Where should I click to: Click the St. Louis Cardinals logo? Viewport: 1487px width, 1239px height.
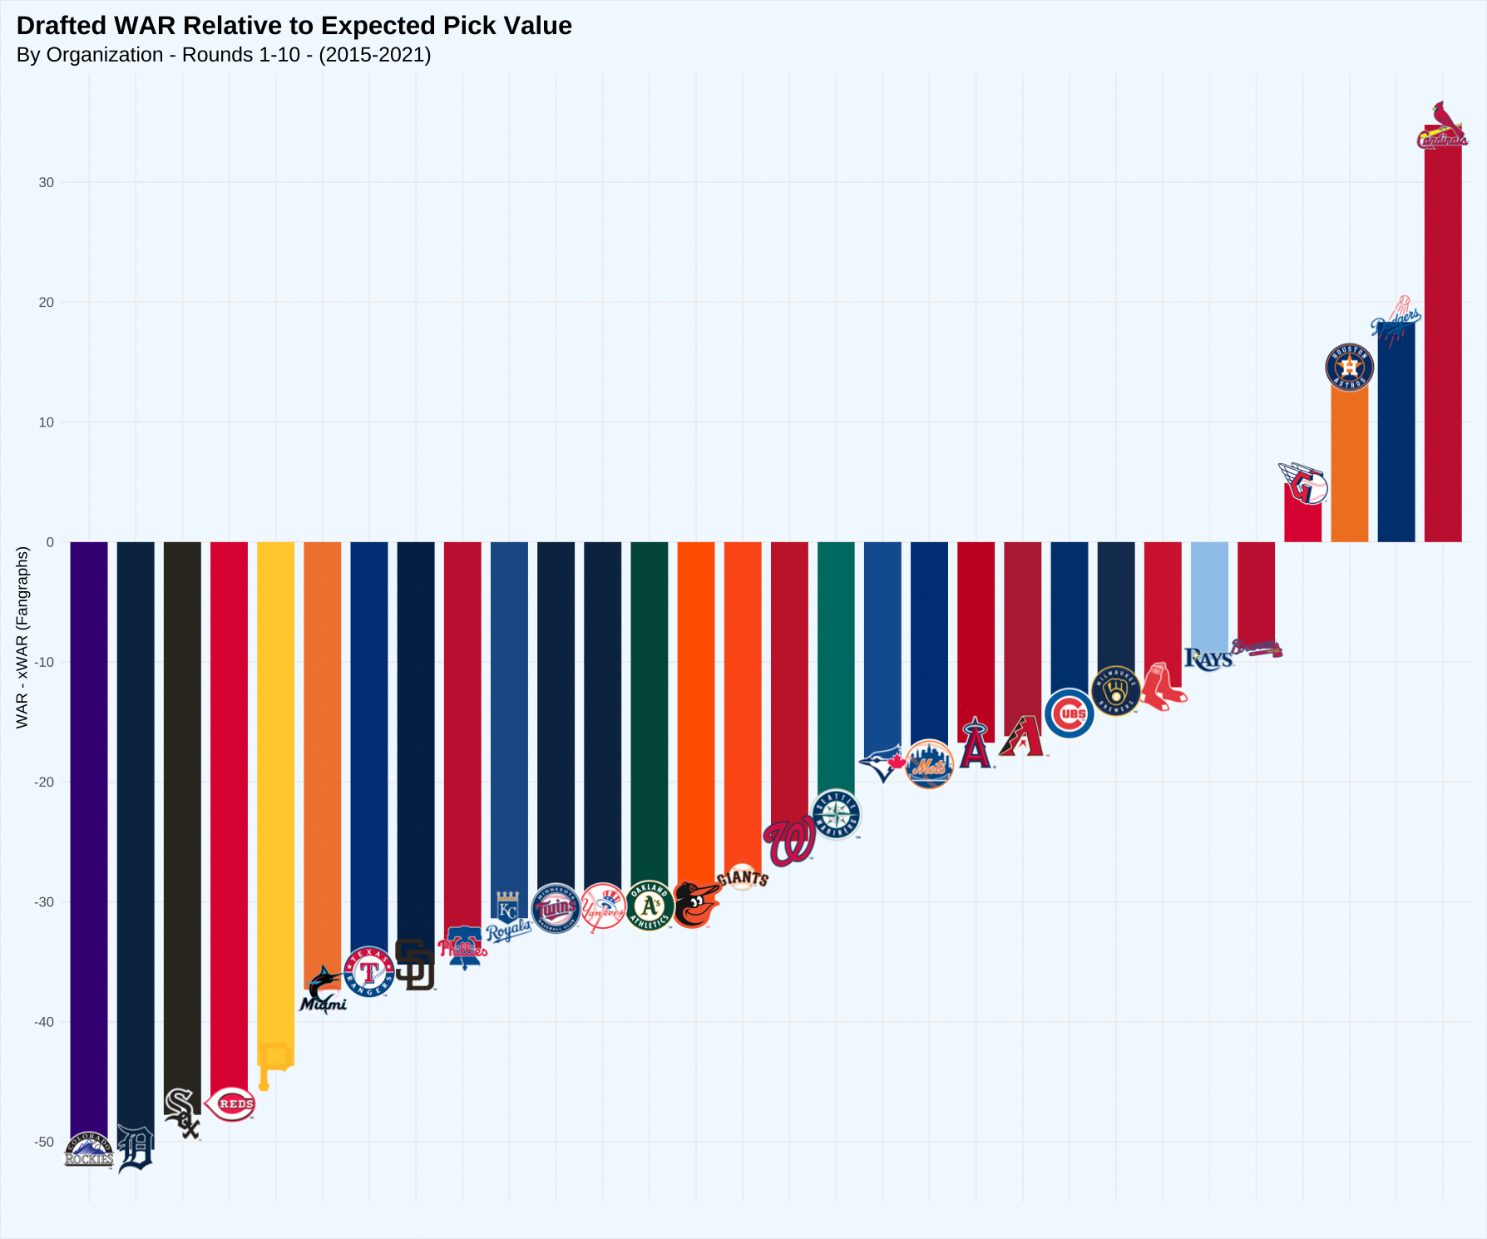click(1442, 126)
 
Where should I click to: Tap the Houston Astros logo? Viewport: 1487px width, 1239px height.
click(1349, 367)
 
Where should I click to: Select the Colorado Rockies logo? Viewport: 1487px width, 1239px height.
click(89, 1150)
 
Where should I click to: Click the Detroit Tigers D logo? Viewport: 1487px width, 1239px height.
click(136, 1148)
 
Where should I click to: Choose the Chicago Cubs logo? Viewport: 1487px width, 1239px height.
click(1069, 713)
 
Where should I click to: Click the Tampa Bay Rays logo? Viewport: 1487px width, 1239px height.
click(1208, 659)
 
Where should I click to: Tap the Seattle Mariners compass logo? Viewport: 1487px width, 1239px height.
click(837, 815)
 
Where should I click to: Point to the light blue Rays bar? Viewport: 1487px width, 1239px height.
click(1209, 595)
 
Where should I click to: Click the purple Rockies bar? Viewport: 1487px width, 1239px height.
click(89, 832)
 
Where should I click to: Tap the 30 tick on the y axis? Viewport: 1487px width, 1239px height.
click(47, 183)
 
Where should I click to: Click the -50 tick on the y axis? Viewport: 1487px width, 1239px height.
click(45, 1142)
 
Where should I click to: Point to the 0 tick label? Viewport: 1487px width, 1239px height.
click(50, 542)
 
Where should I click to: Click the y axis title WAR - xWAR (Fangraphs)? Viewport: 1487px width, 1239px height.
click(22, 637)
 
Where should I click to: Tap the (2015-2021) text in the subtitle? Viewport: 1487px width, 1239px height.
click(374, 55)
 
